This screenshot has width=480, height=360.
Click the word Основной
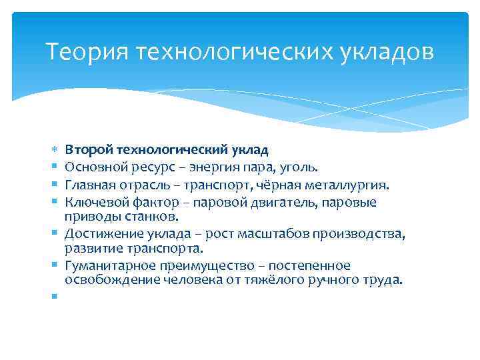tap(93, 168)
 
